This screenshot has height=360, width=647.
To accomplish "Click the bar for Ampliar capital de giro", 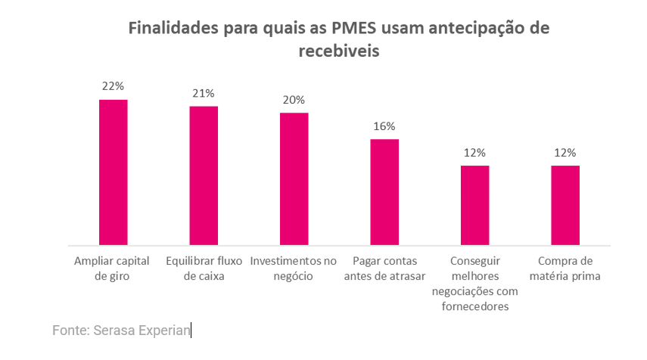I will coord(113,172).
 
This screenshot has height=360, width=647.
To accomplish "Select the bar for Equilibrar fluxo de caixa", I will coord(204,175).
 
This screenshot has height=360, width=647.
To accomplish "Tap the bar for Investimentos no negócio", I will coord(294,179).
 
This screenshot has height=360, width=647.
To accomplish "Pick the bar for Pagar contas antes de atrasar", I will coord(384,192).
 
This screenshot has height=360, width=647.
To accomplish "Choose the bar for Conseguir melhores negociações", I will coord(474,205).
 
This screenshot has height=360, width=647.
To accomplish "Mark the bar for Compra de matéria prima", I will coord(565,205).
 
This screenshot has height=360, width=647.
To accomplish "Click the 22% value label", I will coord(113,86).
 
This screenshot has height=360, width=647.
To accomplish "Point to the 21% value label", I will coord(204,93).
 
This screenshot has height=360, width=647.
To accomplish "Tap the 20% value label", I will coord(294,100).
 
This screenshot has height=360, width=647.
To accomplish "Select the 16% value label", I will coord(384,126).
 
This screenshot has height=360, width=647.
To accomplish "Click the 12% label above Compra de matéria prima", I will coord(565,152).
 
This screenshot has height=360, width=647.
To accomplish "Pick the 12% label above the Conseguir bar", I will coord(474,152).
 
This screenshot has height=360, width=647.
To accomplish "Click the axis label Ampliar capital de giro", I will coord(113,268).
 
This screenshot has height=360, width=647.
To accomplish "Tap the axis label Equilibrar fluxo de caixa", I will coord(204,268).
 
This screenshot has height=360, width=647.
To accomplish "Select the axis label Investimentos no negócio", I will coord(294,268).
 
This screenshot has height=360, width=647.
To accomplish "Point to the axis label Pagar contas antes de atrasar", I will coord(384,268).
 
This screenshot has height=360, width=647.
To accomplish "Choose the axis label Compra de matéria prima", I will coord(565,268).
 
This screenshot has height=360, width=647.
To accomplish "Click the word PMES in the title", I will coord(354,29).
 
